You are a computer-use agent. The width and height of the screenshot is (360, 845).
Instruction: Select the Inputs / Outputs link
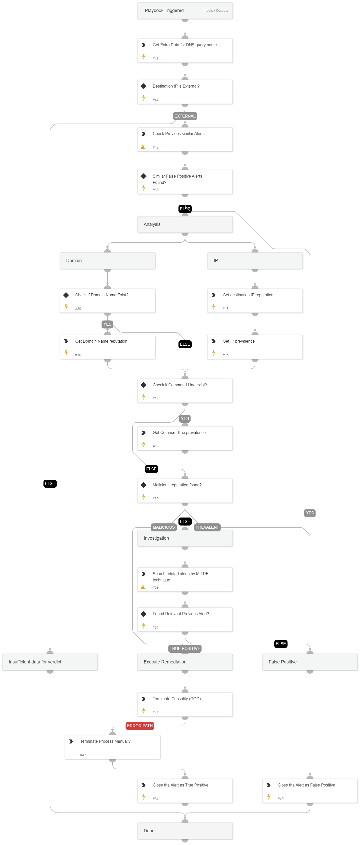215,11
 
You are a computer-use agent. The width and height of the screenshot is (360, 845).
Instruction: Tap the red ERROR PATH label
140,726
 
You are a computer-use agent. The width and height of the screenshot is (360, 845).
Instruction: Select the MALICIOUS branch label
163,527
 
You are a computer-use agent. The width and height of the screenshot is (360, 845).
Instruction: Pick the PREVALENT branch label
207,527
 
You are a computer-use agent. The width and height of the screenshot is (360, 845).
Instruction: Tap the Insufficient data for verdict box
50,662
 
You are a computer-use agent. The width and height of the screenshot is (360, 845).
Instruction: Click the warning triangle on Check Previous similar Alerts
142,147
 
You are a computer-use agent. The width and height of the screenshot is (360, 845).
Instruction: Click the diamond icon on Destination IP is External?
143,86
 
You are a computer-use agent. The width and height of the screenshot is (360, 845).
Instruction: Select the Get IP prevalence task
255,347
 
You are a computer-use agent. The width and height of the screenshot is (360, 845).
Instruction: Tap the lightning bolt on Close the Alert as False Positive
268,797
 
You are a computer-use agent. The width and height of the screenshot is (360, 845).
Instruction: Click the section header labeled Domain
107,261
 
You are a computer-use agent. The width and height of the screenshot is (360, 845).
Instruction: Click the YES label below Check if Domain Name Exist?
107,324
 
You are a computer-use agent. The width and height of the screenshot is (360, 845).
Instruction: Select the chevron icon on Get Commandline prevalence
143,433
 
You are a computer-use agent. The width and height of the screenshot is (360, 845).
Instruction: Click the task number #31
155,627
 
